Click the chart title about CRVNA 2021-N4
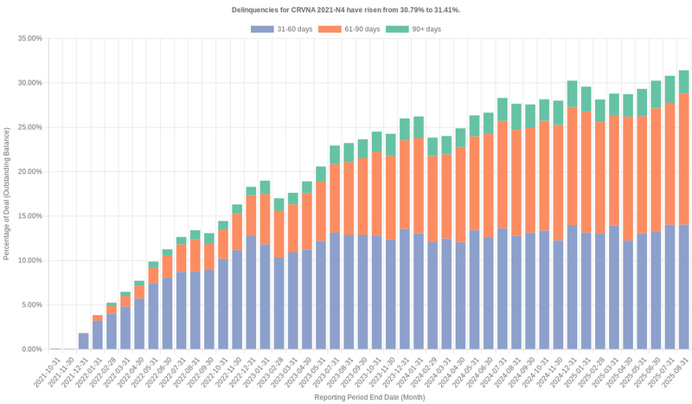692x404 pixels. pos(346,10)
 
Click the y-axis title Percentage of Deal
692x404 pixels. pos(7,194)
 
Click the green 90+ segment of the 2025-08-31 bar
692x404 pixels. pos(683,81)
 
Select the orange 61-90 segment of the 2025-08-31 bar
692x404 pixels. pos(683,159)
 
